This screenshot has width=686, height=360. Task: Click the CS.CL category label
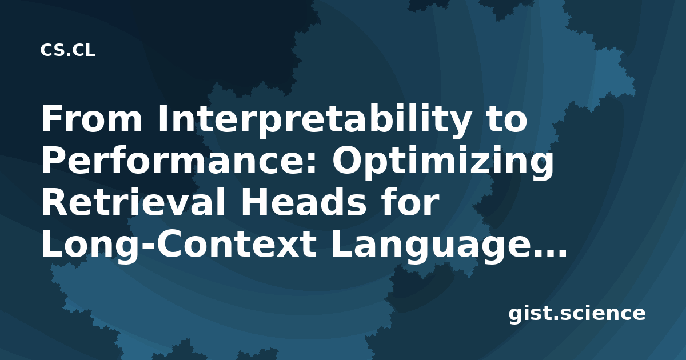click(x=67, y=50)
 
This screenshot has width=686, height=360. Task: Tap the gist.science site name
click(x=577, y=314)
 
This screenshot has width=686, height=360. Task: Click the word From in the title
click(x=92, y=119)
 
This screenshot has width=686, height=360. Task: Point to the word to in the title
click(x=505, y=120)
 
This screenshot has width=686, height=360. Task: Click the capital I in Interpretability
click(x=162, y=119)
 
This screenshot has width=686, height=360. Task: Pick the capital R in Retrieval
click(x=55, y=202)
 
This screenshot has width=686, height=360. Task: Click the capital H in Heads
click(x=254, y=202)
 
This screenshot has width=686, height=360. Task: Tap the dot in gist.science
click(x=556, y=318)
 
